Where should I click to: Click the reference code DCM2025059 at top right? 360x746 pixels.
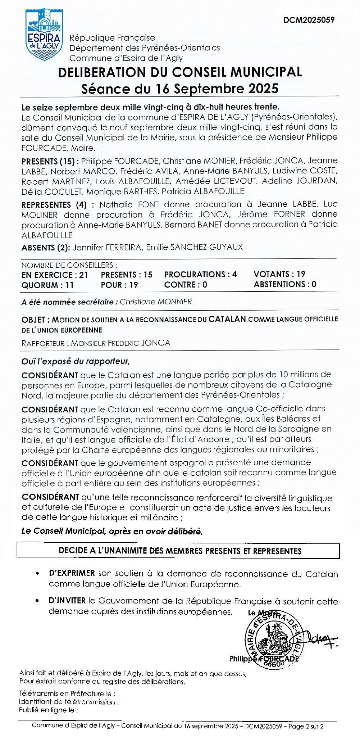(309, 19)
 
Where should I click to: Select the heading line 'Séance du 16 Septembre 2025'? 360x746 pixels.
(179, 89)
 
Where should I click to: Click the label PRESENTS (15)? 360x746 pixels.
(49, 161)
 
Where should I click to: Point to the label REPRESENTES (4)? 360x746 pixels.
(54, 205)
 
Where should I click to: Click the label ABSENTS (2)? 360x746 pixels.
(46, 248)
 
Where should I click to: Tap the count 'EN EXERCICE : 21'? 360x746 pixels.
(55, 275)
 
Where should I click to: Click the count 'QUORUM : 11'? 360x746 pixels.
(47, 285)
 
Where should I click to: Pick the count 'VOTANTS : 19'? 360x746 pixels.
(279, 274)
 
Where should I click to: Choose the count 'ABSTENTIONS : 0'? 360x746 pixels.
(285, 284)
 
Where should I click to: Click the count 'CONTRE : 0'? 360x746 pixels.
(186, 285)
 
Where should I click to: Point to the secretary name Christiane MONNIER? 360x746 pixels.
(156, 302)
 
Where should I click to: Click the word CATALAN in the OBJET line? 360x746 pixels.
(227, 319)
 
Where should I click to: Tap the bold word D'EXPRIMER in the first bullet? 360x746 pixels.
(72, 573)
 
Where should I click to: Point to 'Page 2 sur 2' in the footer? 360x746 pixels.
(306, 727)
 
